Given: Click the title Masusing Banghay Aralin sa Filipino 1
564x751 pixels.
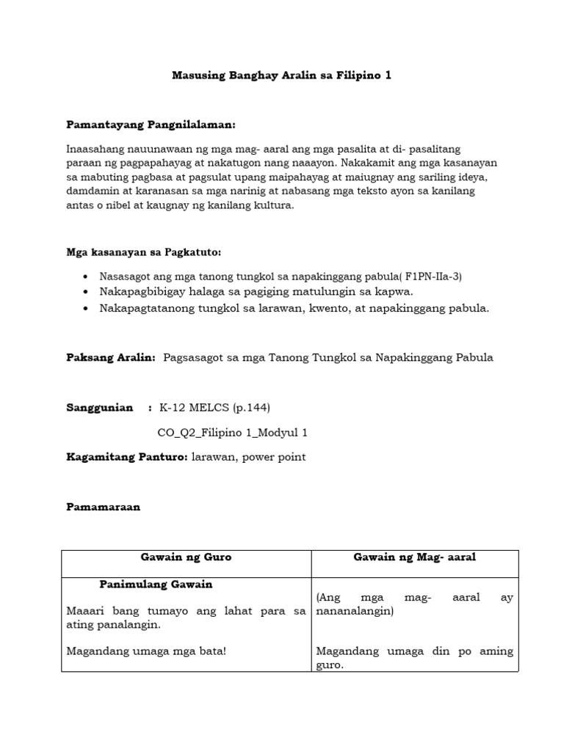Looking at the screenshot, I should pyautogui.click(x=281, y=76).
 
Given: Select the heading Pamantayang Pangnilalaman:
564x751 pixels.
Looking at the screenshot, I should pyautogui.click(x=151, y=125).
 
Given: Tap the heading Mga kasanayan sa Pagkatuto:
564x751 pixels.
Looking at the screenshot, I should pyautogui.click(x=143, y=252).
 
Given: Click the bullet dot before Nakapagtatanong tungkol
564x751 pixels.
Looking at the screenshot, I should pyautogui.click(x=87, y=309).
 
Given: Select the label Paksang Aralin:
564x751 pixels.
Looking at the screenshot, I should pyautogui.click(x=111, y=357).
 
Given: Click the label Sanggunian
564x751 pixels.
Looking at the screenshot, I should pyautogui.click(x=100, y=408).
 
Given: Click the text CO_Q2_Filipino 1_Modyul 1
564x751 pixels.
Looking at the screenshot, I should pyautogui.click(x=233, y=433).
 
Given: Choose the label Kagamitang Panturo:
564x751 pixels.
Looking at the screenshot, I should pyautogui.click(x=127, y=457).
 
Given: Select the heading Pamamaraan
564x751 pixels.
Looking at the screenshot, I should pyautogui.click(x=103, y=507).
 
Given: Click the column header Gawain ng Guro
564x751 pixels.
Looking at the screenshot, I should pyautogui.click(x=186, y=557).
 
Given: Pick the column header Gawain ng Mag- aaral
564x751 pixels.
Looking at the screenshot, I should pyautogui.click(x=415, y=557).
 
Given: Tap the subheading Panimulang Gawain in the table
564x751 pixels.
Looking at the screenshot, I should pyautogui.click(x=156, y=585).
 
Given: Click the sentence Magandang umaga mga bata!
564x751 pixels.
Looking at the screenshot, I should pyautogui.click(x=146, y=651).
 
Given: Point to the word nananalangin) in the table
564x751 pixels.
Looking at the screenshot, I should pyautogui.click(x=355, y=611).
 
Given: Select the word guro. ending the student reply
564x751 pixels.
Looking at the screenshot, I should pyautogui.click(x=329, y=665).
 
